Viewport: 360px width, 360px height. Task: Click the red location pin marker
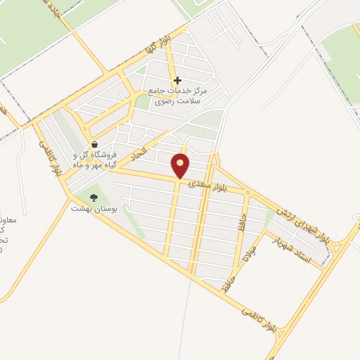pos(181,165)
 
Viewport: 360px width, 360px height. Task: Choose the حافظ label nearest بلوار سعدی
pos(241,210)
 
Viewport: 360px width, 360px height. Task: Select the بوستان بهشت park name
pos(94,209)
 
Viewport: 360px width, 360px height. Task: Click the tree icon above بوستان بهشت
pos(94,198)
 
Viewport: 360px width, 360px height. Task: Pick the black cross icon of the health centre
pos(177,81)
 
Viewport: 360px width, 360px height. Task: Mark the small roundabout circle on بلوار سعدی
pos(247,192)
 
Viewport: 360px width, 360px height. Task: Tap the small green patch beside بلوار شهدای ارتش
pos(270,214)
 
